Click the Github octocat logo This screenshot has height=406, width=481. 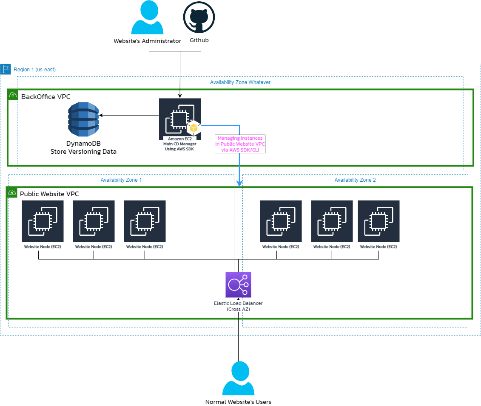click(199, 18)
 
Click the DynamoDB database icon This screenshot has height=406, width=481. click(83, 119)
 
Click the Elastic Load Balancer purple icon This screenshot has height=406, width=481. click(238, 285)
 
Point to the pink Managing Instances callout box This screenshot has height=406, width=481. click(240, 144)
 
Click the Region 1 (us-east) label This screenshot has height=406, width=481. click(34, 69)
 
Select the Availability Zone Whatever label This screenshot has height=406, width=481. click(240, 82)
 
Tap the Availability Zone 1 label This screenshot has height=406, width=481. click(121, 180)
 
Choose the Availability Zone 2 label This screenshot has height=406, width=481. click(355, 180)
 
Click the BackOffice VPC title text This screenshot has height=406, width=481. click(46, 96)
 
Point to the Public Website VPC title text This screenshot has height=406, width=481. click(49, 194)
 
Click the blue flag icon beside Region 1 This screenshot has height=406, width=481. click(6, 69)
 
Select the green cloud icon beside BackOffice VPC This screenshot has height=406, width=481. click(12, 95)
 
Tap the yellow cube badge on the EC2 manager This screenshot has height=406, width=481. click(194, 127)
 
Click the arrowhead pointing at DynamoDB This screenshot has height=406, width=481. click(101, 115)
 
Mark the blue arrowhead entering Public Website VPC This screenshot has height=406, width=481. click(239, 183)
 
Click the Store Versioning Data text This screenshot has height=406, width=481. click(83, 151)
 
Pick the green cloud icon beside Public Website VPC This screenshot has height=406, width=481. click(11, 192)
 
